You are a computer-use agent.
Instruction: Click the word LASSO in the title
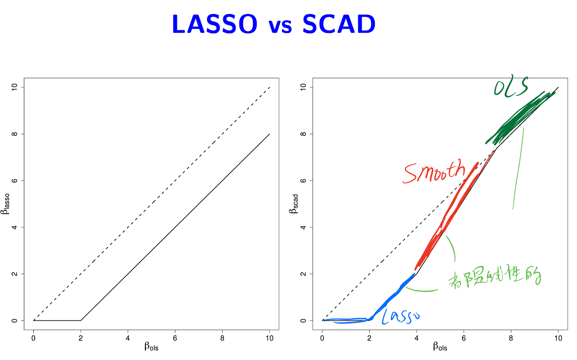(214, 25)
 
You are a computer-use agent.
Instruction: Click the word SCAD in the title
(339, 25)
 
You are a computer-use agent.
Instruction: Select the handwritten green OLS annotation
(511, 86)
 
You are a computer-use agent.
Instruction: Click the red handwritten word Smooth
(435, 172)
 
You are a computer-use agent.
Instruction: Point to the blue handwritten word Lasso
(400, 316)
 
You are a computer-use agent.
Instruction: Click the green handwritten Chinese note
(495, 277)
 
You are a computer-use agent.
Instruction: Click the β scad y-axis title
(294, 204)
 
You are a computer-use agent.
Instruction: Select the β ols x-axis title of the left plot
(151, 347)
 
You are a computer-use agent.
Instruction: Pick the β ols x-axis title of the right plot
(440, 347)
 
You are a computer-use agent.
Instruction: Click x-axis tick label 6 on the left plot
(175, 338)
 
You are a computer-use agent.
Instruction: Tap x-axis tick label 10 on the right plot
(558, 338)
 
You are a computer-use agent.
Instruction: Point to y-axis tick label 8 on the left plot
(14, 134)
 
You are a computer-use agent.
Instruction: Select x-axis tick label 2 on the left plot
(81, 338)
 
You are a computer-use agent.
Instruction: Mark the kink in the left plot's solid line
(81, 320)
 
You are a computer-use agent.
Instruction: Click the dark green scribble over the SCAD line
(519, 118)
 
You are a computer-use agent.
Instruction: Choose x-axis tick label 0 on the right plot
(322, 338)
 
